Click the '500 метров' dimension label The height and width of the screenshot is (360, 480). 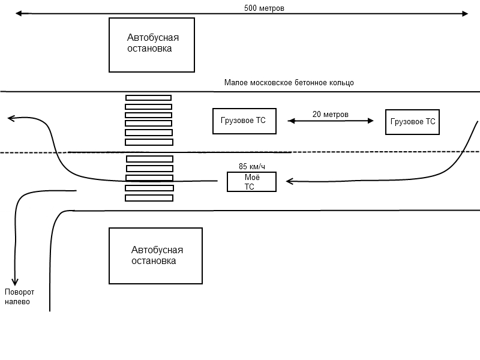[x=264, y=8]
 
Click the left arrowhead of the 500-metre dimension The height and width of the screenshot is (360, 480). [x=19, y=13]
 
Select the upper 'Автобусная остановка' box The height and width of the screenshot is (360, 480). [x=152, y=45]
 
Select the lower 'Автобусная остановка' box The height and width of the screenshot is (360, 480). [x=155, y=256]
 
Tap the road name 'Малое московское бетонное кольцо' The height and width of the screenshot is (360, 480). [x=289, y=83]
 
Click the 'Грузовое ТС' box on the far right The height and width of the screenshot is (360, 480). [x=412, y=122]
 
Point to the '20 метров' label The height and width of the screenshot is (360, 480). [x=331, y=114]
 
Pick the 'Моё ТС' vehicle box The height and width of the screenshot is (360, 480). [x=251, y=182]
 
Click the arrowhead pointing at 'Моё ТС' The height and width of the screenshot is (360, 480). [x=289, y=181]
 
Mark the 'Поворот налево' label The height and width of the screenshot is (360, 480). [x=20, y=297]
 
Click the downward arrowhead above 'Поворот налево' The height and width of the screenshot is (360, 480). [x=16, y=281]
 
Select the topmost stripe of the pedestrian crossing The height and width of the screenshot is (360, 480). [x=148, y=98]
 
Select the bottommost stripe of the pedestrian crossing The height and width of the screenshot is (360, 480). [x=149, y=198]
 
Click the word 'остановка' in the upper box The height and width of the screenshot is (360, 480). [x=149, y=49]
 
